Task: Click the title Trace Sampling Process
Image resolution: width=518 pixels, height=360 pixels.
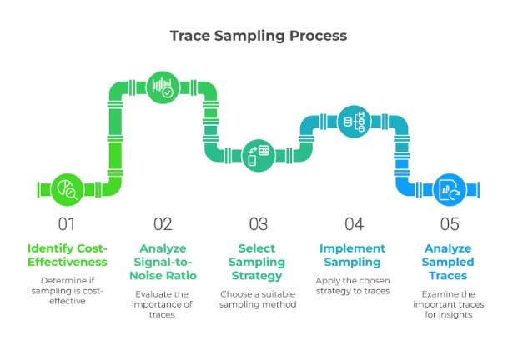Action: pyautogui.click(x=259, y=36)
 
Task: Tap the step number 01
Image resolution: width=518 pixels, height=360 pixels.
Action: pyautogui.click(x=67, y=223)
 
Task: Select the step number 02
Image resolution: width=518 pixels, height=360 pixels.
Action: pyautogui.click(x=163, y=223)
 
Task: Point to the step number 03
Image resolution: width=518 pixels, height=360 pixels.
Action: pyautogui.click(x=259, y=223)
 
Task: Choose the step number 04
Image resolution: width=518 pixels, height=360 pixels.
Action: pyautogui.click(x=355, y=223)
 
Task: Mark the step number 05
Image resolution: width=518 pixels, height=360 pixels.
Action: pyautogui.click(x=450, y=223)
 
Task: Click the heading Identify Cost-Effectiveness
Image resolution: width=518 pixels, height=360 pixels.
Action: pyautogui.click(x=67, y=255)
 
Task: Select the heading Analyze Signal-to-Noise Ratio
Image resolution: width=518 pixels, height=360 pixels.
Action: pyautogui.click(x=163, y=262)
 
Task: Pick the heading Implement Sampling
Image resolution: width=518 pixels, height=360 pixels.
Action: pyautogui.click(x=354, y=255)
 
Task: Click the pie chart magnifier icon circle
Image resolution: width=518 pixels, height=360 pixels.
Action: pyautogui.click(x=66, y=190)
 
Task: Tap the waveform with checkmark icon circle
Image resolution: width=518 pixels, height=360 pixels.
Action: pyautogui.click(x=163, y=87)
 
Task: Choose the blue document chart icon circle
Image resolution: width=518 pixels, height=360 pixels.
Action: pyautogui.click(x=450, y=189)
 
